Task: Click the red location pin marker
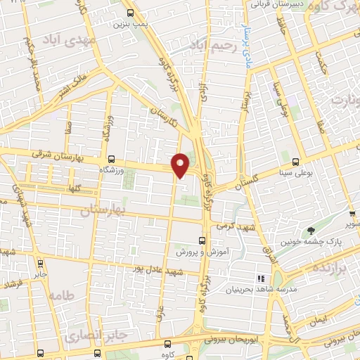[181, 165]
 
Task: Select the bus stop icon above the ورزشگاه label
[111, 159]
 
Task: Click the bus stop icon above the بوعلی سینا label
[295, 160]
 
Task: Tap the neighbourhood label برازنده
[332, 271]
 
